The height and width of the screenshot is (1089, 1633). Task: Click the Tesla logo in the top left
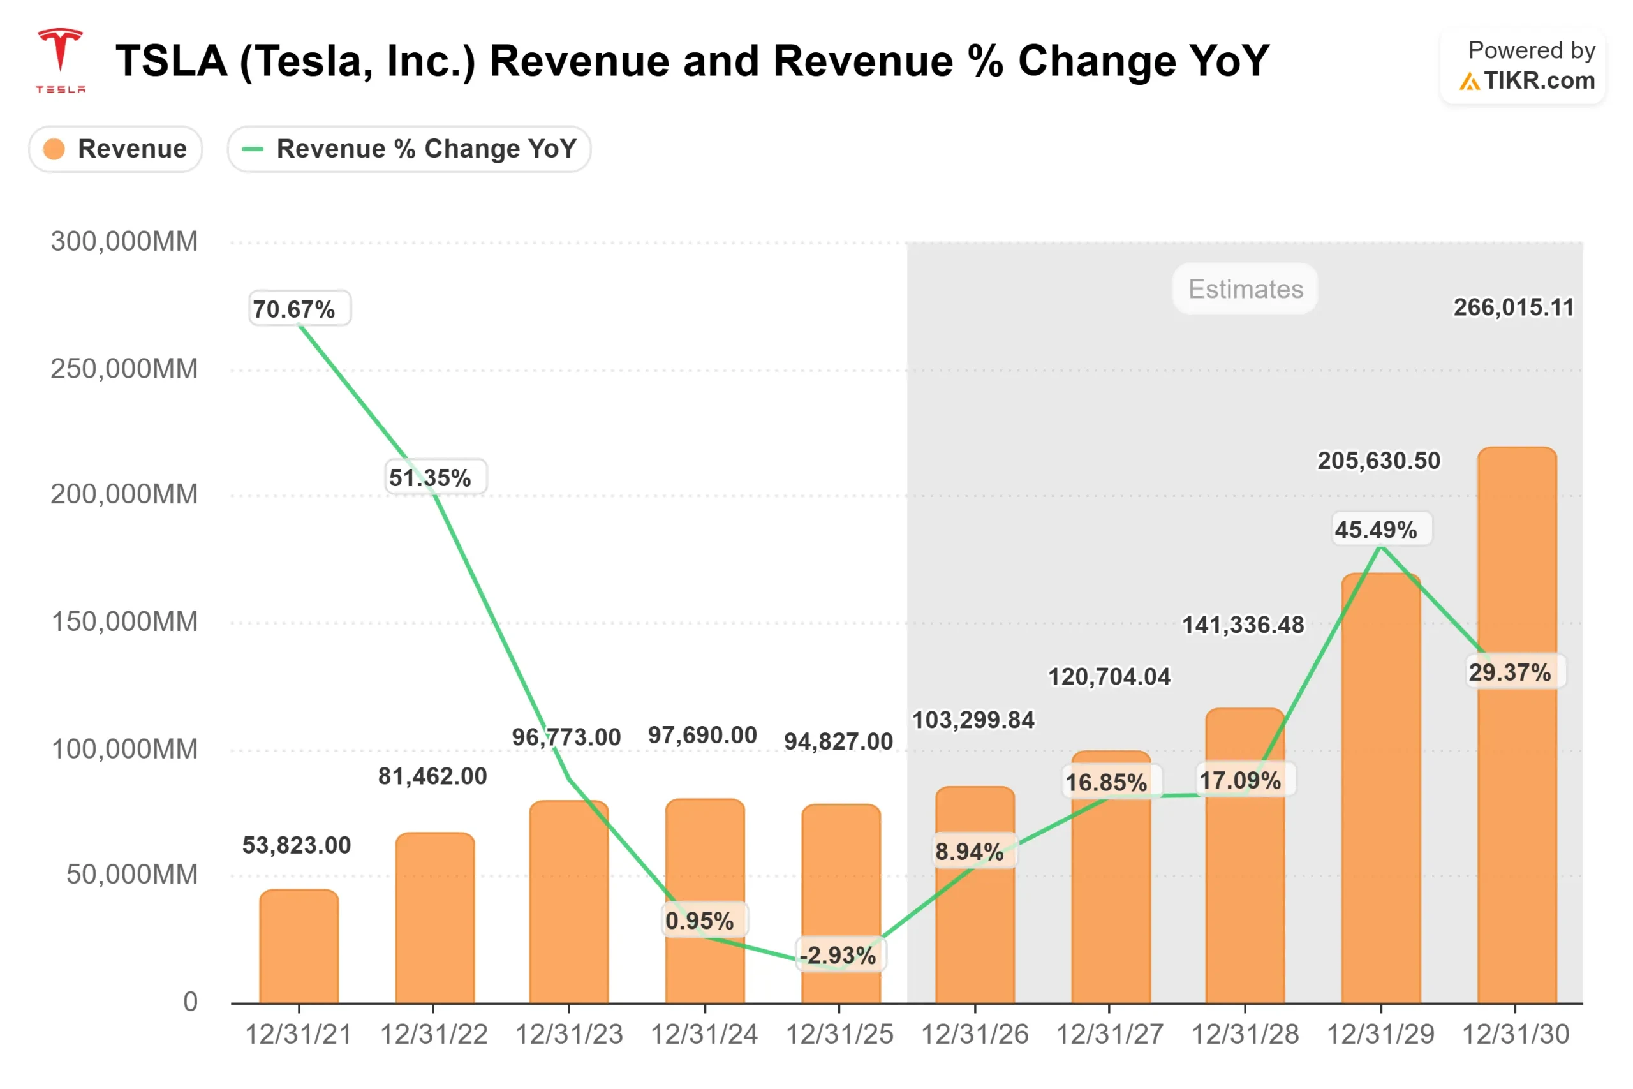tap(61, 60)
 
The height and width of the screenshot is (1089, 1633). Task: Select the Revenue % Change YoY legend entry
tap(409, 149)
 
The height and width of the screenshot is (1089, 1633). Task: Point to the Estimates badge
tap(1245, 289)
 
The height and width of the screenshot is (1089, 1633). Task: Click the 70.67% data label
tap(299, 309)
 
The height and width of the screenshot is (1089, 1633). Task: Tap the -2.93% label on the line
tap(838, 955)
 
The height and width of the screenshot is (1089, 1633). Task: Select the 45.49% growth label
tap(1381, 530)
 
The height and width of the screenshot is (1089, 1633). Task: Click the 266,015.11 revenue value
tap(1514, 307)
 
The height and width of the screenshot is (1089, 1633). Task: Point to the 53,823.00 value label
tap(297, 845)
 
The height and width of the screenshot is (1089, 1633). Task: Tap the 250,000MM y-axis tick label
tap(124, 369)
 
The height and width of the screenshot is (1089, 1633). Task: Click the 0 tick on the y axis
tap(190, 1002)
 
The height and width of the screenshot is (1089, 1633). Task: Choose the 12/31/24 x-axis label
tap(704, 1035)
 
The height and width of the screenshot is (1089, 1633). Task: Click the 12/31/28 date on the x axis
tap(1245, 1035)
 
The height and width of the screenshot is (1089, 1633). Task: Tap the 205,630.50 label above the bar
tap(1379, 461)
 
